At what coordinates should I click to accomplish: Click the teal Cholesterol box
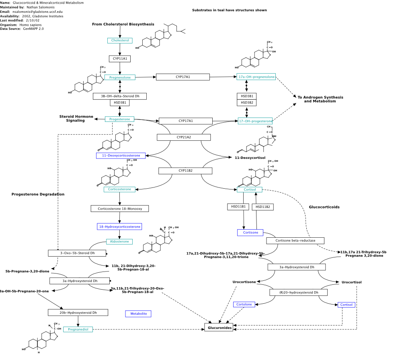click(120, 41)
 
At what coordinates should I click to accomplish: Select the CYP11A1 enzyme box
click(120, 59)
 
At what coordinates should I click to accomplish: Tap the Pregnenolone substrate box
click(120, 77)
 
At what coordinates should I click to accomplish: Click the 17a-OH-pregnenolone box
click(256, 77)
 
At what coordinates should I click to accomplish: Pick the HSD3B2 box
click(247, 103)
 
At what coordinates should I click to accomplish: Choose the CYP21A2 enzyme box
click(184, 138)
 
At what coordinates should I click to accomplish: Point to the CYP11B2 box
click(185, 171)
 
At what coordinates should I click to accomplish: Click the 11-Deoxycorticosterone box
click(121, 155)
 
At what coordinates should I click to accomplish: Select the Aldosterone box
click(119, 242)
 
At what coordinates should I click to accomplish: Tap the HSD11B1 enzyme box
click(238, 207)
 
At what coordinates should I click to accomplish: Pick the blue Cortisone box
click(250, 232)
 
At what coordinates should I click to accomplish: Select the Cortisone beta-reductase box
click(295, 241)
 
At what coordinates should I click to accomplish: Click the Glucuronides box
click(219, 328)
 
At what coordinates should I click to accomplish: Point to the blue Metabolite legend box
click(138, 314)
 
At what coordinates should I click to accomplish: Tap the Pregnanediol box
click(78, 329)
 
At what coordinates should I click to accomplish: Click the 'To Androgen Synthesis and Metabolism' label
click(320, 99)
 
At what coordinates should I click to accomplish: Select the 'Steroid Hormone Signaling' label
click(76, 119)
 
